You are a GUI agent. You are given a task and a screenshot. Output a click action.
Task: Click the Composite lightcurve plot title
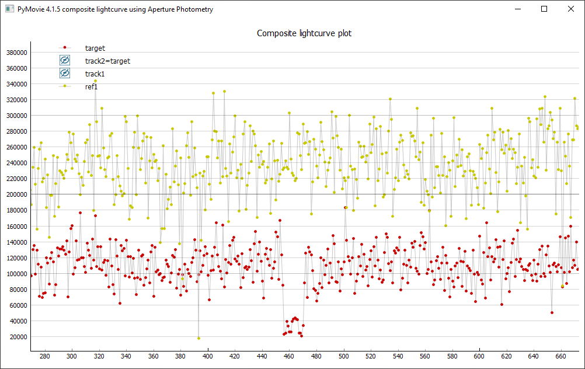(x=304, y=33)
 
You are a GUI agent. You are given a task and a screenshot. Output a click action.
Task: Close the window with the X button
(x=570, y=9)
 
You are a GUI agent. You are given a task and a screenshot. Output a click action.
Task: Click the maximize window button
(x=544, y=9)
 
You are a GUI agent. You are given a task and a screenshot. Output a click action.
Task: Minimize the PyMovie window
(x=517, y=9)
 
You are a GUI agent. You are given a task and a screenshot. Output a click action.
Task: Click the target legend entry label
(x=95, y=48)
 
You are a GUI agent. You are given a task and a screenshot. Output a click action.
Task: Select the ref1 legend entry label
(x=92, y=86)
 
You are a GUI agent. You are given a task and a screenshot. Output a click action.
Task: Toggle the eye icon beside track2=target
(x=65, y=61)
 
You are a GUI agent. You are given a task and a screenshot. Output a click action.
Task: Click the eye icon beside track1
(x=65, y=74)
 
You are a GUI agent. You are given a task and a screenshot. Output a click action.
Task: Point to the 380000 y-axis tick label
(x=16, y=52)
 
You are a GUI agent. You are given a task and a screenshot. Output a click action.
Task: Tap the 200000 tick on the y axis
(x=16, y=194)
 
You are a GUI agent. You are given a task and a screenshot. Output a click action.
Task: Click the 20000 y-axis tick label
(x=18, y=337)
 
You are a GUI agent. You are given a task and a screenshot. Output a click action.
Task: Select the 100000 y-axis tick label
(x=16, y=274)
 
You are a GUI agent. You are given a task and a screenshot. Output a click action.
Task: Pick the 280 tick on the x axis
(x=45, y=356)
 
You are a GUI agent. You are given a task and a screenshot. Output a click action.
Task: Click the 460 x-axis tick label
(x=289, y=356)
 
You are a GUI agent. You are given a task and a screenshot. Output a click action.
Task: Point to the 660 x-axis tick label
(x=560, y=356)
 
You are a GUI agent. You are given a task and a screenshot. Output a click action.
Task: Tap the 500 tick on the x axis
(x=343, y=356)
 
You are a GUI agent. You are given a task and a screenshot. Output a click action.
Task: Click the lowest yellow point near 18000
(x=199, y=338)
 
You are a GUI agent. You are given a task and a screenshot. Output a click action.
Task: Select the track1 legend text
(x=95, y=74)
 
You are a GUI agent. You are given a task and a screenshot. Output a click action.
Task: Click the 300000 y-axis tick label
(x=16, y=116)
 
